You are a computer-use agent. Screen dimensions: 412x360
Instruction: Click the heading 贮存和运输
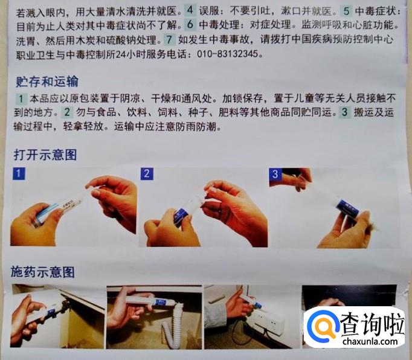[47, 82]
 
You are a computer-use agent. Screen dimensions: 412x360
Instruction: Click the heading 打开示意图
[45, 155]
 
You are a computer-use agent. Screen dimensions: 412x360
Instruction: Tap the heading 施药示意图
[42, 272]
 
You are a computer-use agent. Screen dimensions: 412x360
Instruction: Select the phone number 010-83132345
[228, 54]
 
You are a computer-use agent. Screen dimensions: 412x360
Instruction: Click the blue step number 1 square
[19, 174]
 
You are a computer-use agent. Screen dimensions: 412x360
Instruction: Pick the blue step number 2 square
[147, 174]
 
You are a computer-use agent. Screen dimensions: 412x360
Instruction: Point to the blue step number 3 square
[275, 174]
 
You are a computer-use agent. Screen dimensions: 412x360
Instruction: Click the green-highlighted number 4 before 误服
[190, 10]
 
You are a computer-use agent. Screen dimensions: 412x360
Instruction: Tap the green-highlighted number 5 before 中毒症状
[346, 11]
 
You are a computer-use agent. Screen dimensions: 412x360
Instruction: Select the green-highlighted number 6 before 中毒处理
[190, 24]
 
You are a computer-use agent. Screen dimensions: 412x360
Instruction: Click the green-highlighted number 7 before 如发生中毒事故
[170, 40]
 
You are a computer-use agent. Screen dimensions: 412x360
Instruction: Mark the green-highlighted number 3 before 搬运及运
[345, 112]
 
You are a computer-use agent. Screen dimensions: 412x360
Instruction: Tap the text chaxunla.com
[370, 341]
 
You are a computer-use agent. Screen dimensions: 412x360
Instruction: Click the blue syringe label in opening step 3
[348, 207]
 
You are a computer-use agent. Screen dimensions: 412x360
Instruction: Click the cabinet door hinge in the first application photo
[65, 305]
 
